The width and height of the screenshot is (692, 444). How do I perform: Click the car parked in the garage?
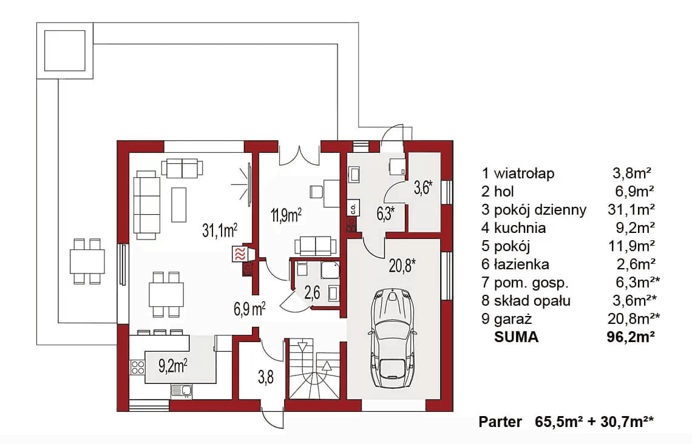(x=392, y=338)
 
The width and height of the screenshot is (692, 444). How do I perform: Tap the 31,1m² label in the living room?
(x=220, y=230)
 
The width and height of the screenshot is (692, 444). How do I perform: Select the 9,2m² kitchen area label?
(x=172, y=366)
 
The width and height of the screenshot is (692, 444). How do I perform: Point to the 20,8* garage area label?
(x=402, y=266)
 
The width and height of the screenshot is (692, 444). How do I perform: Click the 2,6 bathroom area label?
(x=312, y=293)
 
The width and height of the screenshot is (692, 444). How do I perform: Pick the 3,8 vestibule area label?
(x=266, y=377)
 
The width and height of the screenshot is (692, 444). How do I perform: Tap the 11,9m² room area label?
(x=287, y=215)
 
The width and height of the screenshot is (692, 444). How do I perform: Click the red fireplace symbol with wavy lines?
(x=240, y=254)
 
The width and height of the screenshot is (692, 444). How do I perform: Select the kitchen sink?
(x=182, y=391)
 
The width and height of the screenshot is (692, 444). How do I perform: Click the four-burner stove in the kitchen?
(x=138, y=367)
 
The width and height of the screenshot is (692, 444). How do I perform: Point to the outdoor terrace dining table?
(x=87, y=261)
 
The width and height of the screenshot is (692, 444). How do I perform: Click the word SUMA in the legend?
(x=517, y=337)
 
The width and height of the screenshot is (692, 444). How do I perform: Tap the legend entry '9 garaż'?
(x=507, y=319)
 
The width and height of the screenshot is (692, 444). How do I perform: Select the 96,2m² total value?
(x=631, y=337)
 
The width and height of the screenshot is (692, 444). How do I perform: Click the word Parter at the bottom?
(x=500, y=422)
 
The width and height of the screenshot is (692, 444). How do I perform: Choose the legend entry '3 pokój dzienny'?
(x=534, y=209)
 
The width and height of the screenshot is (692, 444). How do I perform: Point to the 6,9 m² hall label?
(x=249, y=309)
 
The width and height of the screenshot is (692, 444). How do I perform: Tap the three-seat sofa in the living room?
(x=146, y=205)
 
